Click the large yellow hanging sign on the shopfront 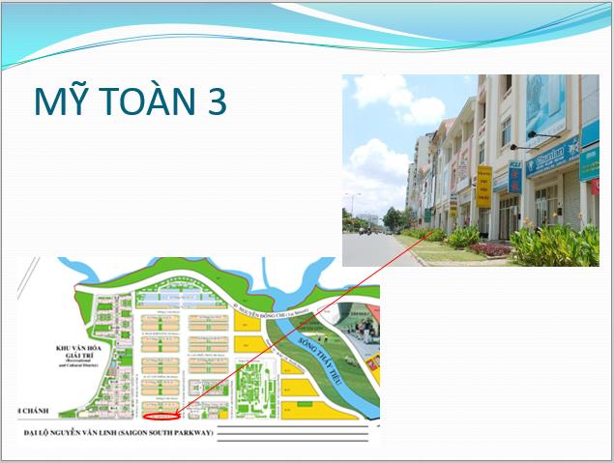coord(483,185)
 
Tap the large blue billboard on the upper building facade coord(545,106)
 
